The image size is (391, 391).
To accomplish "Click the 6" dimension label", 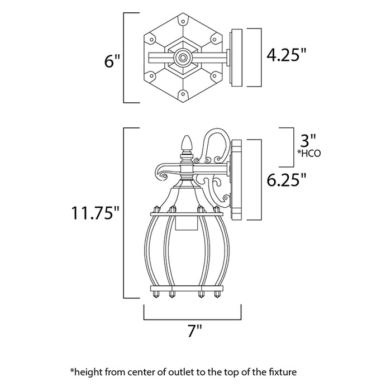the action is click(112, 61).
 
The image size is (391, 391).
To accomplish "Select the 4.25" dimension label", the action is click(287, 55).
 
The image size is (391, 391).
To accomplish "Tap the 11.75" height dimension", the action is click(96, 213).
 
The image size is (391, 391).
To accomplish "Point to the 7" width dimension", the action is click(194, 331).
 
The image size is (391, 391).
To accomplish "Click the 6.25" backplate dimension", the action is click(287, 180).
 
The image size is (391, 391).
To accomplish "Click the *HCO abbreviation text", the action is click(309, 154).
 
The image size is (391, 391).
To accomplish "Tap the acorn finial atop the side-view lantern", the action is click(187, 144).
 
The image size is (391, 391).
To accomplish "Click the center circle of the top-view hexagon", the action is click(183, 58).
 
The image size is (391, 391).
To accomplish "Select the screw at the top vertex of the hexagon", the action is click(183, 21).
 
